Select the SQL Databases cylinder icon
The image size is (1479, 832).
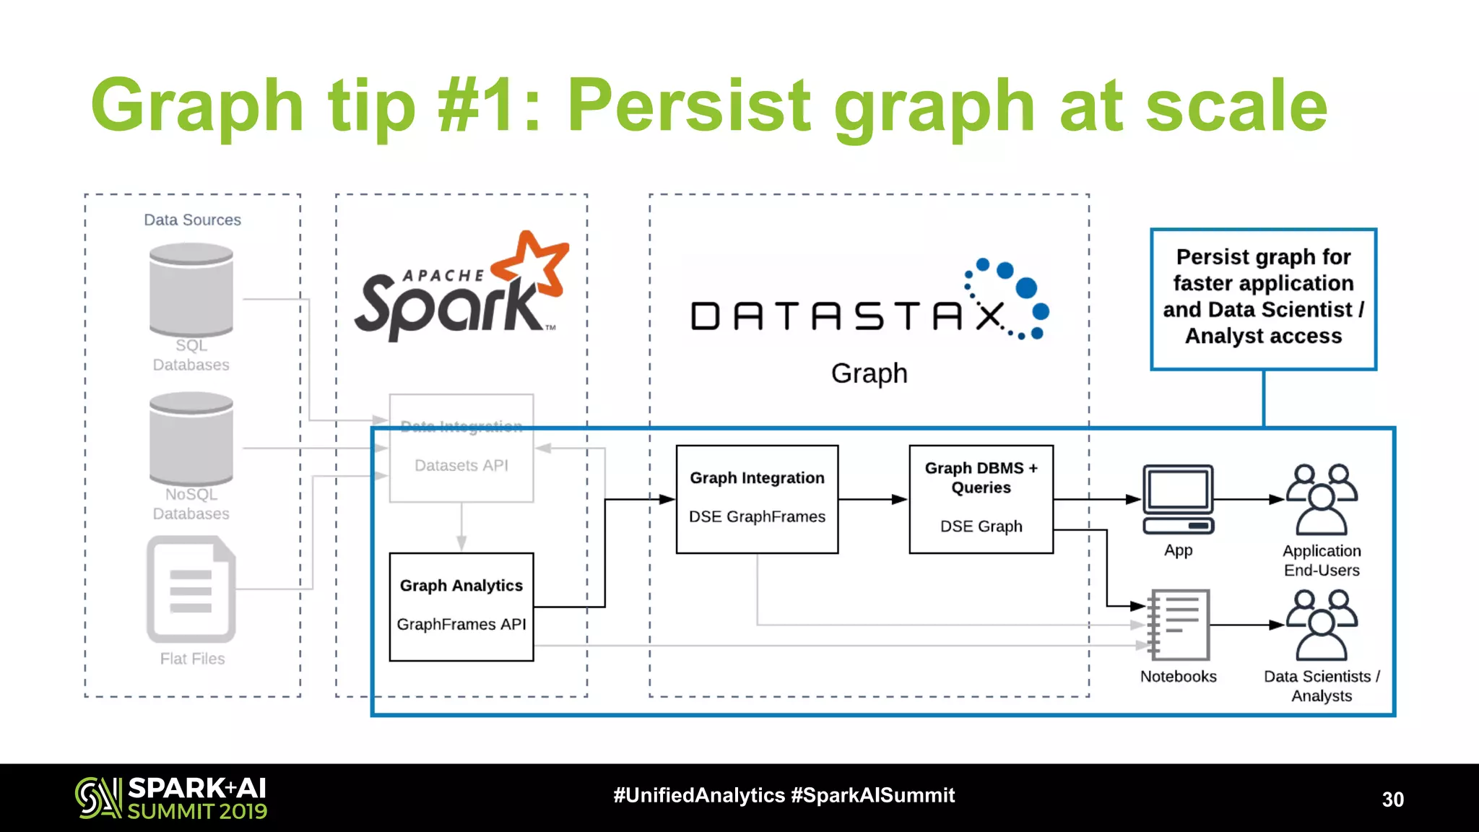tap(191, 290)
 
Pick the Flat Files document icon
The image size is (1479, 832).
tap(191, 589)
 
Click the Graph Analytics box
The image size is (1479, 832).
tap(461, 607)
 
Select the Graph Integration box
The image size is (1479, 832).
tap(757, 499)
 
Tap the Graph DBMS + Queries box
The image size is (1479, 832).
tap(981, 499)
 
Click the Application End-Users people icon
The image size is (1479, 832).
tap(1322, 499)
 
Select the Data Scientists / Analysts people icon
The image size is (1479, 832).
tap(1322, 625)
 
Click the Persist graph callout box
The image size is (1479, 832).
tap(1263, 299)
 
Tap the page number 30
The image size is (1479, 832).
tap(1392, 799)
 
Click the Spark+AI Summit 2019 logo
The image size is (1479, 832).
tap(171, 798)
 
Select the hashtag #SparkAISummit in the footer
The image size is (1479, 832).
tap(872, 795)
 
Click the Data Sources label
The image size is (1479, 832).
tap(192, 220)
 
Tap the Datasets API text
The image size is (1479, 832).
tap(461, 466)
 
